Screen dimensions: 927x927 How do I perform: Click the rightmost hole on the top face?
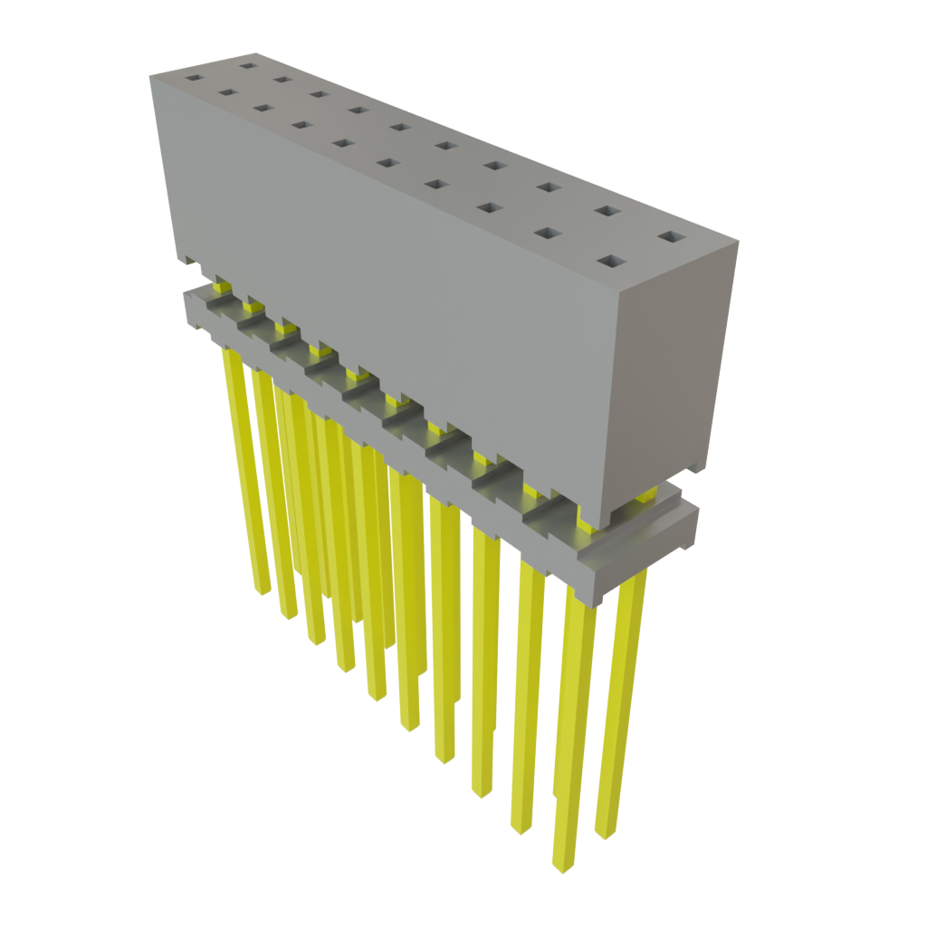tap(672, 236)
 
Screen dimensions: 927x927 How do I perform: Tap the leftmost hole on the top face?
tap(191, 78)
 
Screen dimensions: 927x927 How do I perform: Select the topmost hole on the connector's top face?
tap(246, 64)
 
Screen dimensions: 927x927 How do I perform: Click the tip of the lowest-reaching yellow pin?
tap(562, 867)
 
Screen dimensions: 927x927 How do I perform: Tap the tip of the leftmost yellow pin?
tap(262, 589)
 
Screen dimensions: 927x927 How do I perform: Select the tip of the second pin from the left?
tap(289, 615)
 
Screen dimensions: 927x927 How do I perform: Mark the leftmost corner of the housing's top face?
tap(149, 78)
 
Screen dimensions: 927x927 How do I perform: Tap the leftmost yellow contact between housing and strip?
tap(220, 288)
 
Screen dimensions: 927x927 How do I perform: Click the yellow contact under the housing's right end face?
tap(646, 493)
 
